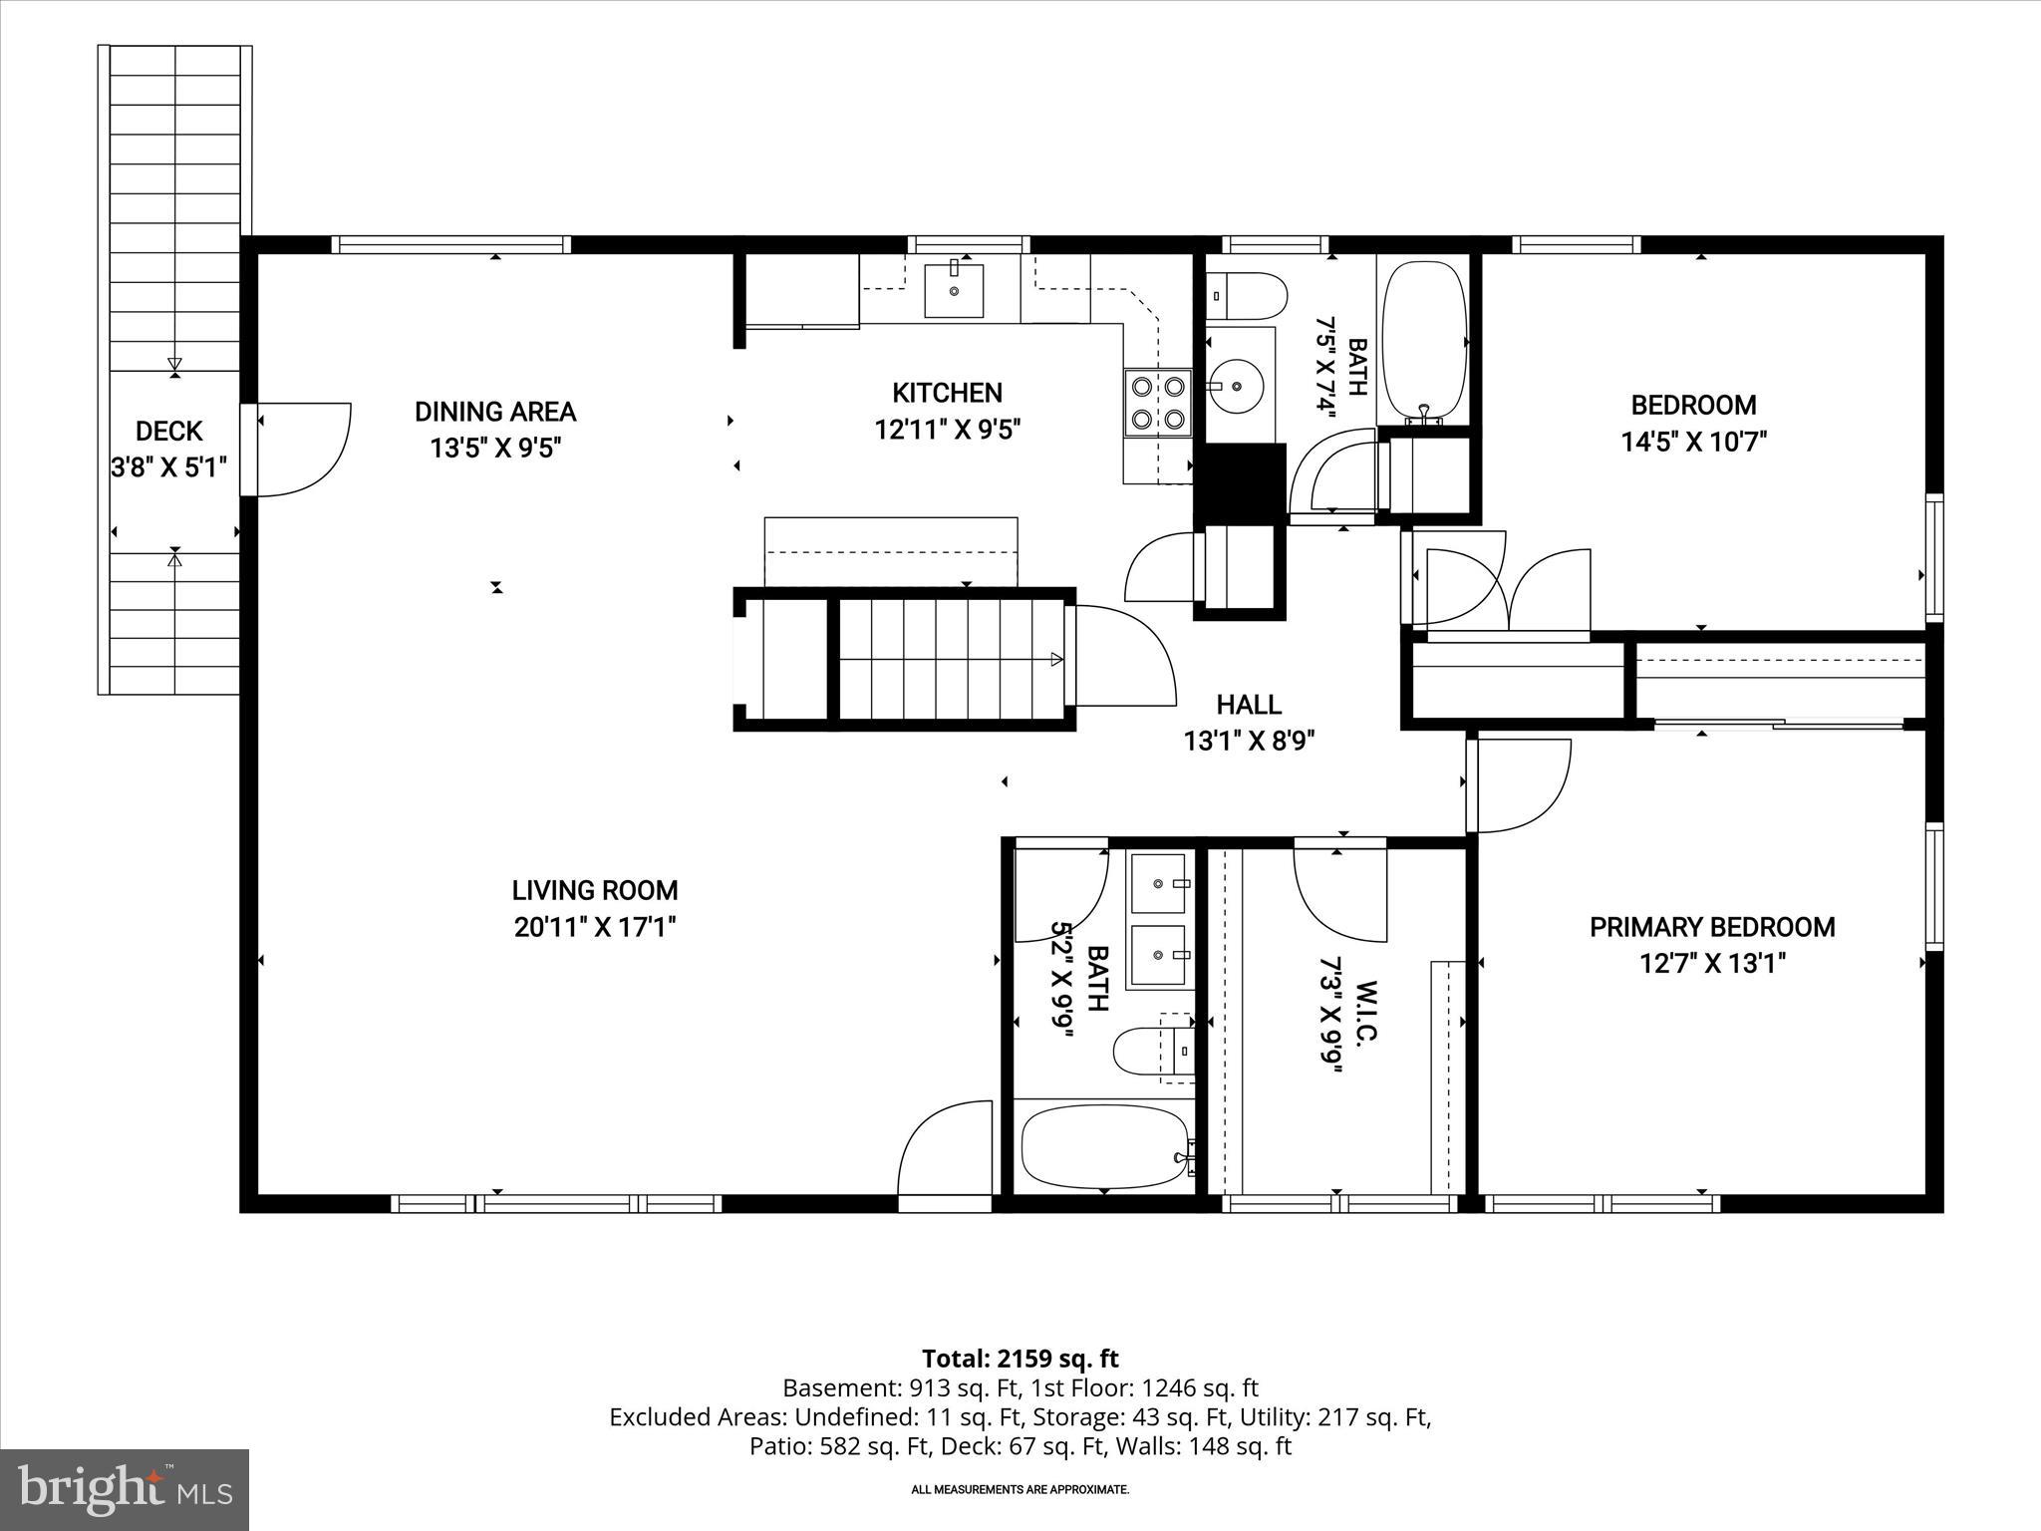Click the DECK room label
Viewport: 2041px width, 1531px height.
pyautogui.click(x=169, y=432)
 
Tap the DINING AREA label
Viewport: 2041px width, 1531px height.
pyautogui.click(x=495, y=412)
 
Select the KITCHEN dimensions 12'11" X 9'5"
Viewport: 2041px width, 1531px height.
pyautogui.click(x=948, y=430)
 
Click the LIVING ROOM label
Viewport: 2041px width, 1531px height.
pyautogui.click(x=595, y=890)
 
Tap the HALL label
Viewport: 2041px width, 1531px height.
pyautogui.click(x=1249, y=706)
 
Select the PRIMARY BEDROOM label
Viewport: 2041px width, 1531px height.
pyautogui.click(x=1712, y=927)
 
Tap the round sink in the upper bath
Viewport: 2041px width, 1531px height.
pyautogui.click(x=1236, y=384)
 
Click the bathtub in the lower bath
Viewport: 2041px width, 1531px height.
pyautogui.click(x=1106, y=1146)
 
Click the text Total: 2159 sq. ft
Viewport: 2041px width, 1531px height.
pyautogui.click(x=1020, y=1359)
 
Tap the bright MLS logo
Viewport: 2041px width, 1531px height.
pyautogui.click(x=125, y=1490)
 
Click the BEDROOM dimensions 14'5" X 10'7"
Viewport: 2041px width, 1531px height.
pyautogui.click(x=1693, y=442)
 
